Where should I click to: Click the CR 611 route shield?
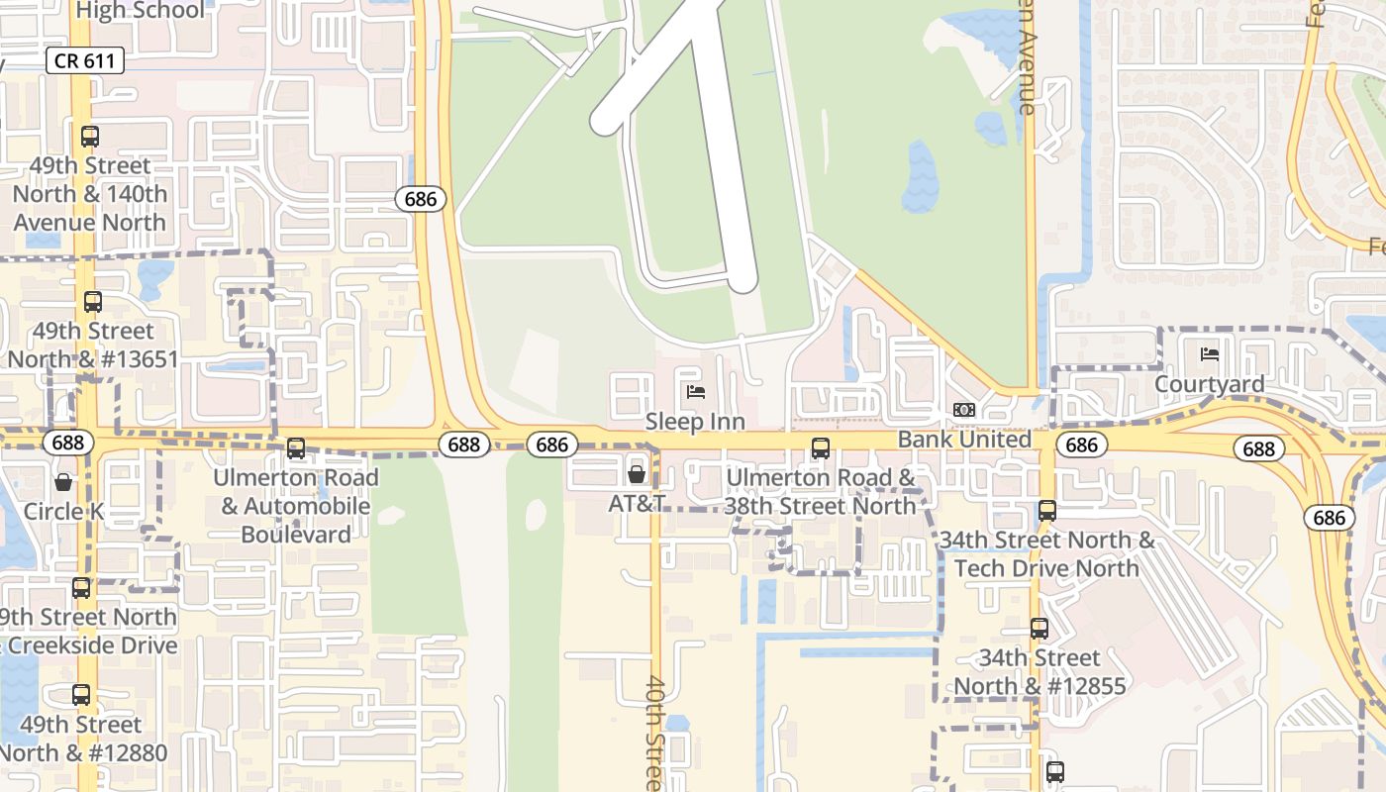pyautogui.click(x=84, y=60)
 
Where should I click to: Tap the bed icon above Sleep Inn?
pyautogui.click(x=696, y=392)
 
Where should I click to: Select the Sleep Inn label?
pyautogui.click(x=695, y=422)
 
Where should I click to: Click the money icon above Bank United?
pyautogui.click(x=963, y=410)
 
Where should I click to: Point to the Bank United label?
pyautogui.click(x=963, y=439)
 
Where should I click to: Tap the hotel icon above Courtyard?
pyautogui.click(x=1209, y=354)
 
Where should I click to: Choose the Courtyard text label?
pyautogui.click(x=1209, y=384)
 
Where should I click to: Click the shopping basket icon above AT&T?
pyautogui.click(x=637, y=474)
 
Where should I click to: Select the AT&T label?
pyautogui.click(x=637, y=503)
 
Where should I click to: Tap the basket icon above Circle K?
pyautogui.click(x=63, y=482)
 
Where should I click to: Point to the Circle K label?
pyautogui.click(x=63, y=512)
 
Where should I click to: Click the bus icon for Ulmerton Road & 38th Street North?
pyautogui.click(x=821, y=448)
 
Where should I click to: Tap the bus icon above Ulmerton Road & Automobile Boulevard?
pyautogui.click(x=296, y=448)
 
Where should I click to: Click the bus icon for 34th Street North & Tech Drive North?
pyautogui.click(x=1047, y=511)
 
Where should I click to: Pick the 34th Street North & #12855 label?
pyautogui.click(x=1039, y=672)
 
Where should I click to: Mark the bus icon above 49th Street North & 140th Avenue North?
pyautogui.click(x=90, y=137)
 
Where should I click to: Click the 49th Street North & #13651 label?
pyautogui.click(x=93, y=345)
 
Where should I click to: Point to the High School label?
pyautogui.click(x=140, y=11)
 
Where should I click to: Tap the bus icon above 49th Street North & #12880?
pyautogui.click(x=81, y=695)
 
